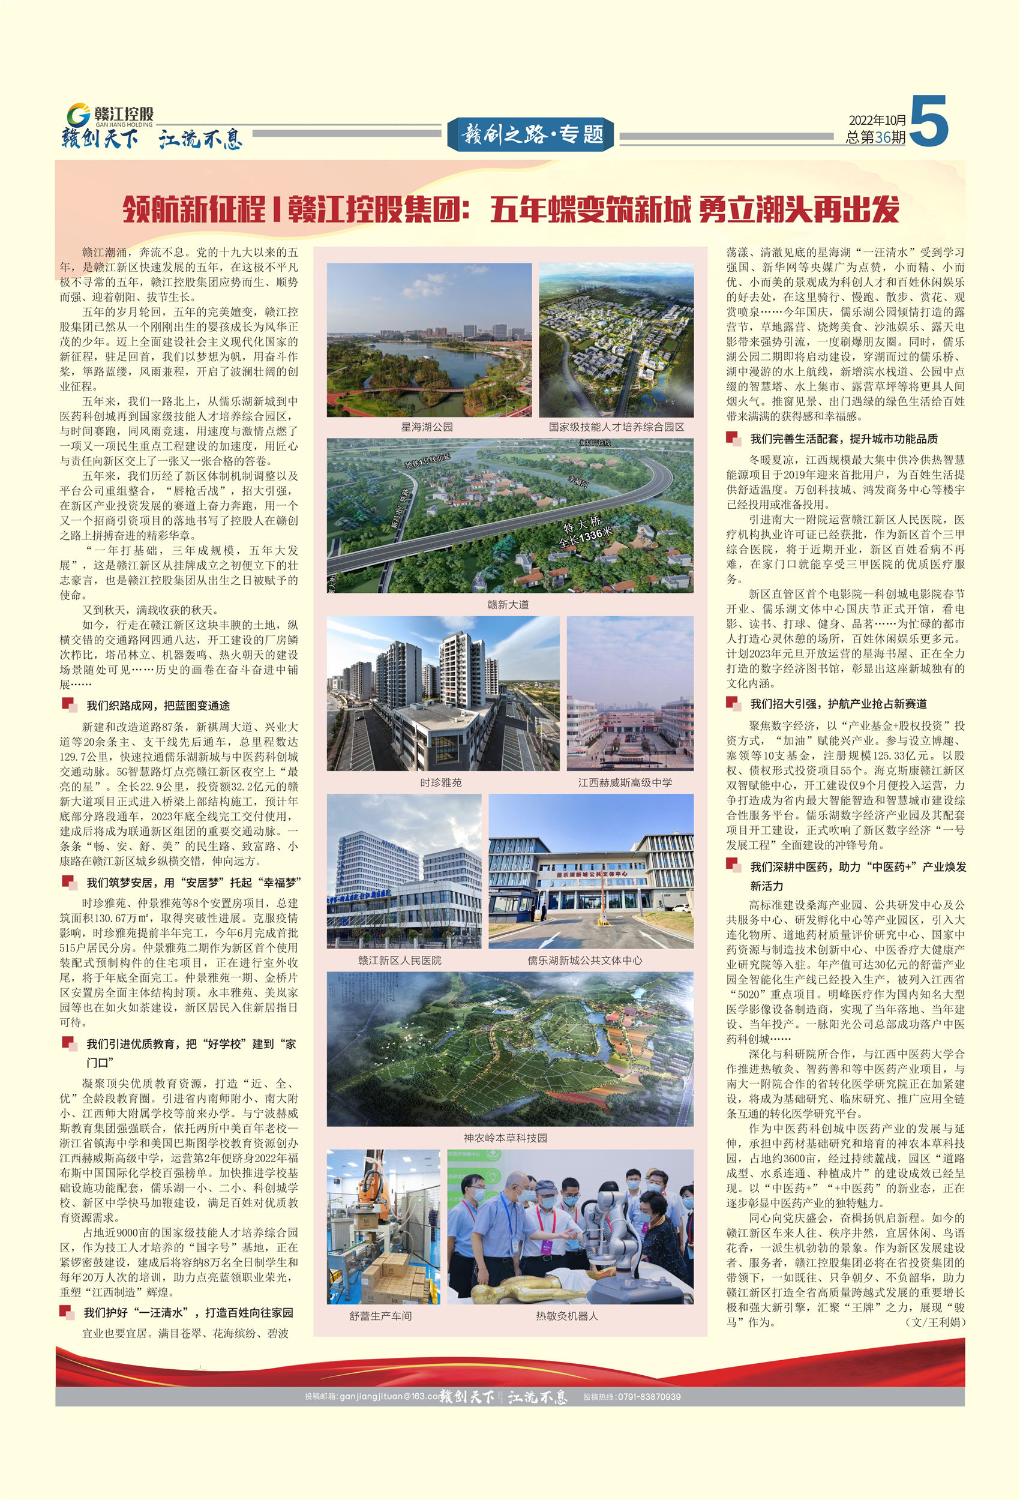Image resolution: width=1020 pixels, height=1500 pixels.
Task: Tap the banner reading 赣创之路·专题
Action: (530, 134)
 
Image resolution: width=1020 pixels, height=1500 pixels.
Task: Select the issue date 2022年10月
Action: (877, 120)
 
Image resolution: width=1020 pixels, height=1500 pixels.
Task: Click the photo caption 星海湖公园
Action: (427, 427)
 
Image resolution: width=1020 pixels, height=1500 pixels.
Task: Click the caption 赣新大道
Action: (508, 604)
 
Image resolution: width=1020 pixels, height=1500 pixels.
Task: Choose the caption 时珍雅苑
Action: (441, 782)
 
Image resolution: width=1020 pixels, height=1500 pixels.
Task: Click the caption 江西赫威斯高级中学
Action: (624, 782)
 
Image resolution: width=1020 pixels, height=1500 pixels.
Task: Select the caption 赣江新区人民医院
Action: (400, 960)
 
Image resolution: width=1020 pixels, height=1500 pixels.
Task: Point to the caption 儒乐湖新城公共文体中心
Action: (584, 960)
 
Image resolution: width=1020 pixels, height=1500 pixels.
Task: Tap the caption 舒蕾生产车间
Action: (380, 1315)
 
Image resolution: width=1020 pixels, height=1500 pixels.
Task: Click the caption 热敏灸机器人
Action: (567, 1315)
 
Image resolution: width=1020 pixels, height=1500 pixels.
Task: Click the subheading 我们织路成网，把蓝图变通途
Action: (158, 706)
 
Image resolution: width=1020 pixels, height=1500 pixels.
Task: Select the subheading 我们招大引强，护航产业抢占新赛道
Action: (838, 704)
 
